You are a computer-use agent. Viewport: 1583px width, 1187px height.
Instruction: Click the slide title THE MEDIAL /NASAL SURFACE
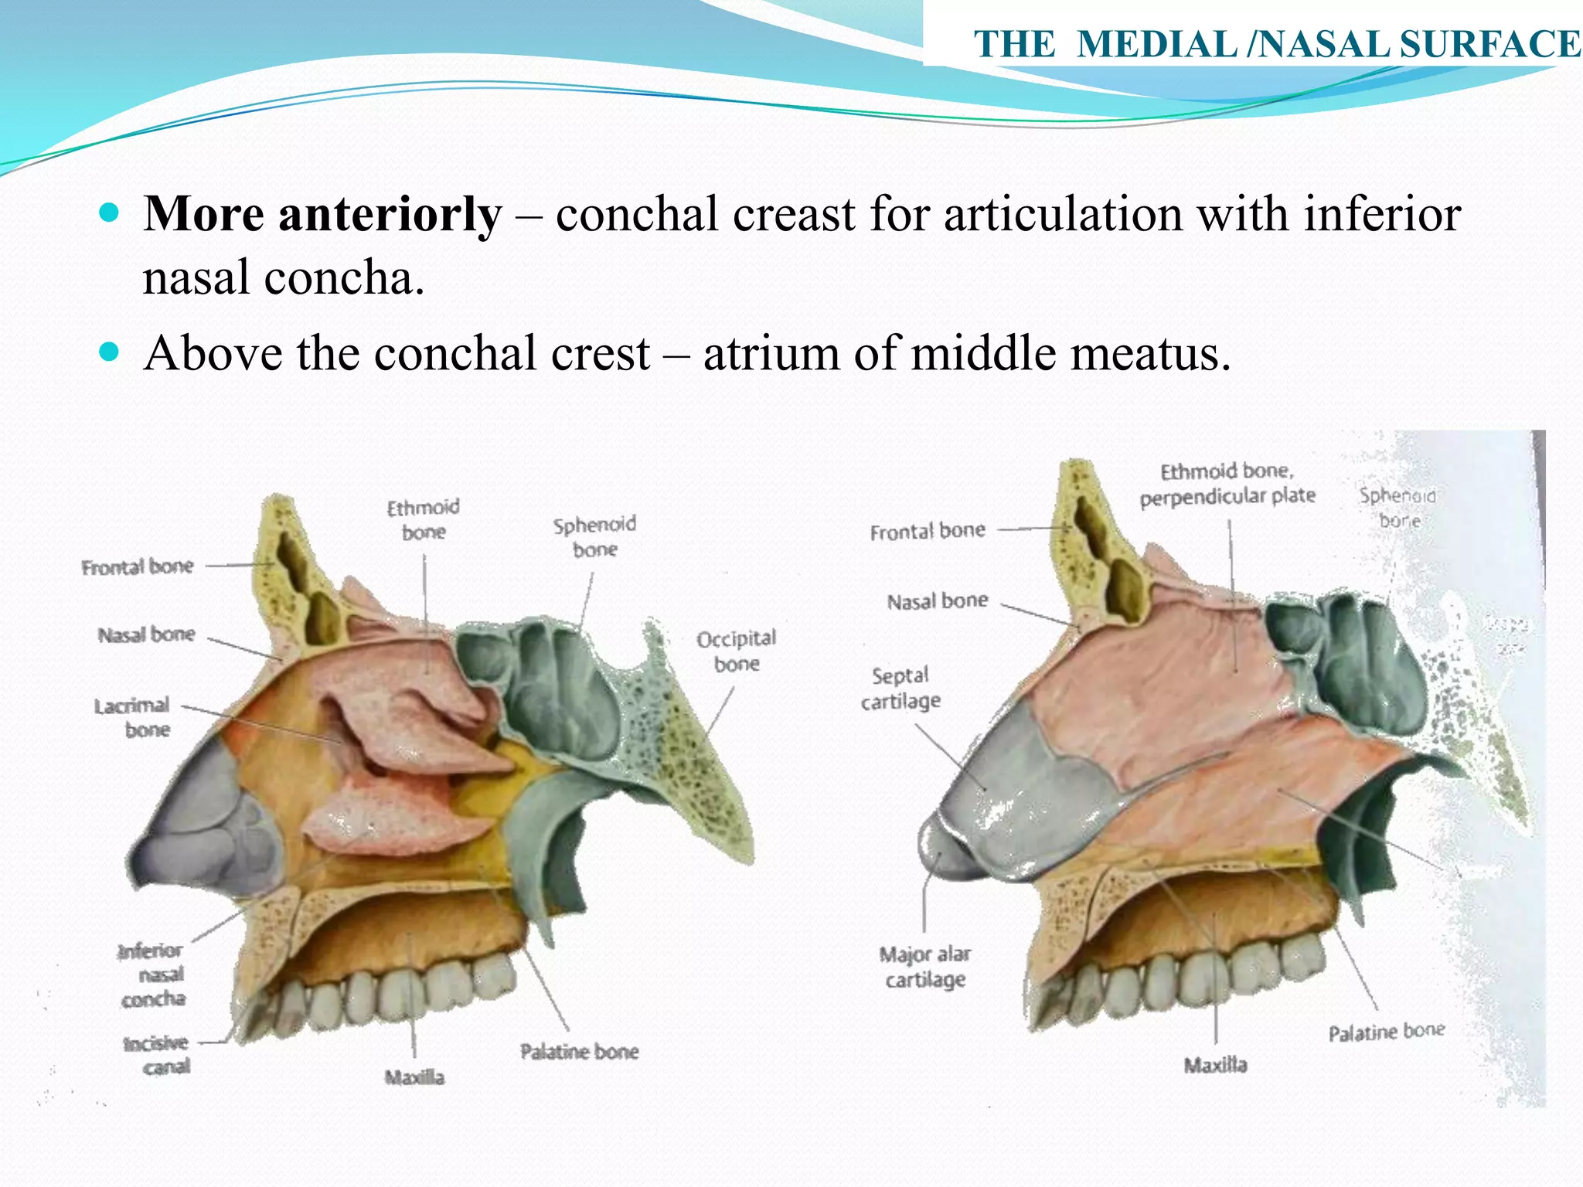(1276, 44)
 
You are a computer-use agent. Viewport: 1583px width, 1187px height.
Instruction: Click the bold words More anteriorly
(322, 214)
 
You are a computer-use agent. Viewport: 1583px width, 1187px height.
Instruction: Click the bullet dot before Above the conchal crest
(110, 352)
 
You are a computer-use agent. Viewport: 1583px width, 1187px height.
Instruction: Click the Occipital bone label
(736, 651)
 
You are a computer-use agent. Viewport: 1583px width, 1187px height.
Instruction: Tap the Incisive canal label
(157, 1055)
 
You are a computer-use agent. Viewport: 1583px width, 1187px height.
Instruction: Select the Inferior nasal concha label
(152, 974)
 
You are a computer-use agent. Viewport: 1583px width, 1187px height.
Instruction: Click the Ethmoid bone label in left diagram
(423, 519)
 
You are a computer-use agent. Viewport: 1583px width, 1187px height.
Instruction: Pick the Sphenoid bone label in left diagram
(594, 536)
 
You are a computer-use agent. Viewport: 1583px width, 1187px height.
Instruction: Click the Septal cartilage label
(900, 688)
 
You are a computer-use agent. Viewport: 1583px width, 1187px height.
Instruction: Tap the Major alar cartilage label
(925, 967)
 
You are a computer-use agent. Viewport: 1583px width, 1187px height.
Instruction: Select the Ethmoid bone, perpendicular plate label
(1227, 484)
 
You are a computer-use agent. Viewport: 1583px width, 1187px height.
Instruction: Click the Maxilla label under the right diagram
(1215, 1066)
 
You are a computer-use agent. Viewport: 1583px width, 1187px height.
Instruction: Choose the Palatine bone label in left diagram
(579, 1052)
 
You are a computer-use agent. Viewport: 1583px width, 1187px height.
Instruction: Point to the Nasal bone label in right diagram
(937, 601)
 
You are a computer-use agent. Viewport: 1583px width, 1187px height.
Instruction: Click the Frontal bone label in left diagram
(138, 567)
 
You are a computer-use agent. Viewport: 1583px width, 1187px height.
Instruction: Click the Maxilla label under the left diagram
(414, 1077)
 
